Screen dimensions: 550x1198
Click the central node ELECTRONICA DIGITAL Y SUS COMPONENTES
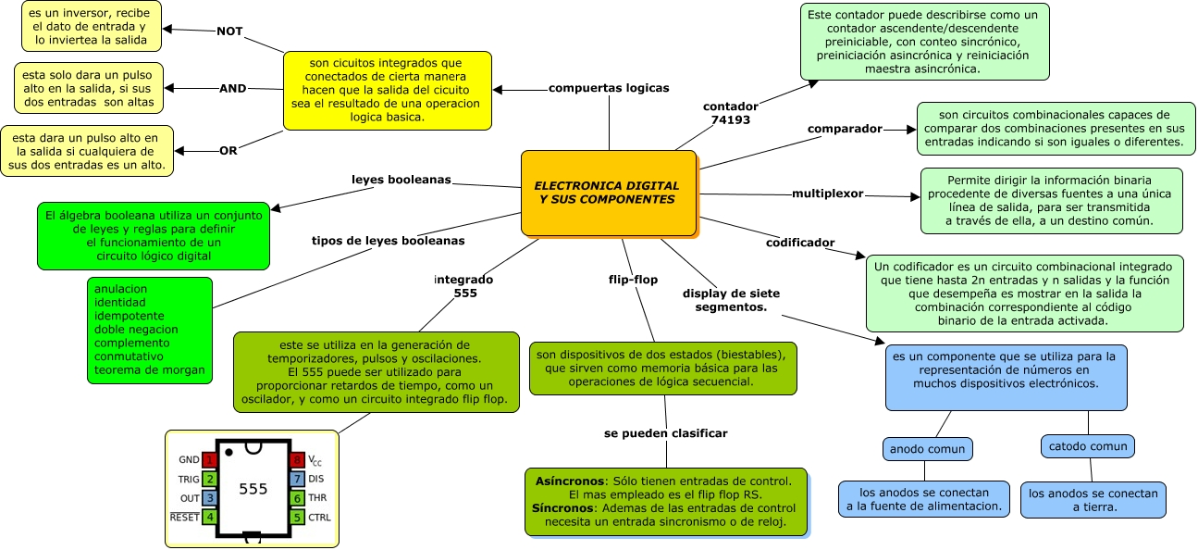tap(607, 193)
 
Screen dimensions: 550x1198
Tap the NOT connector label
tap(229, 31)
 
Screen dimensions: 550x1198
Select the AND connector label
tap(232, 88)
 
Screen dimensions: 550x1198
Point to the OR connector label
tap(228, 150)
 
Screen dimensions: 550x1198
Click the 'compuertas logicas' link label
tap(609, 88)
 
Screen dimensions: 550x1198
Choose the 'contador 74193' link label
tap(730, 113)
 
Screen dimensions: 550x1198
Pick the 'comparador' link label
tap(845, 129)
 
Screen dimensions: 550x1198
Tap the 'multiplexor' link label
tap(827, 194)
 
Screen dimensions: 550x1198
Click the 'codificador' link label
tap(800, 243)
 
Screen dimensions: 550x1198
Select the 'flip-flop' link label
tap(633, 279)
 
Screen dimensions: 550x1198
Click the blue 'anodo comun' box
tap(927, 449)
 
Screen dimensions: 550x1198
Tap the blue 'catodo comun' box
tap(1087, 446)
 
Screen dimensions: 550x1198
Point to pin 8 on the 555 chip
tap(297, 459)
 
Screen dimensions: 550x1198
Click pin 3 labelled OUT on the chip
tap(210, 498)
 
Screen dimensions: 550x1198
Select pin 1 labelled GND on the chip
tap(210, 459)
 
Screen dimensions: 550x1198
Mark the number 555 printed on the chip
tap(253, 489)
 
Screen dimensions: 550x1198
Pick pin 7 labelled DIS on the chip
tap(297, 479)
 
